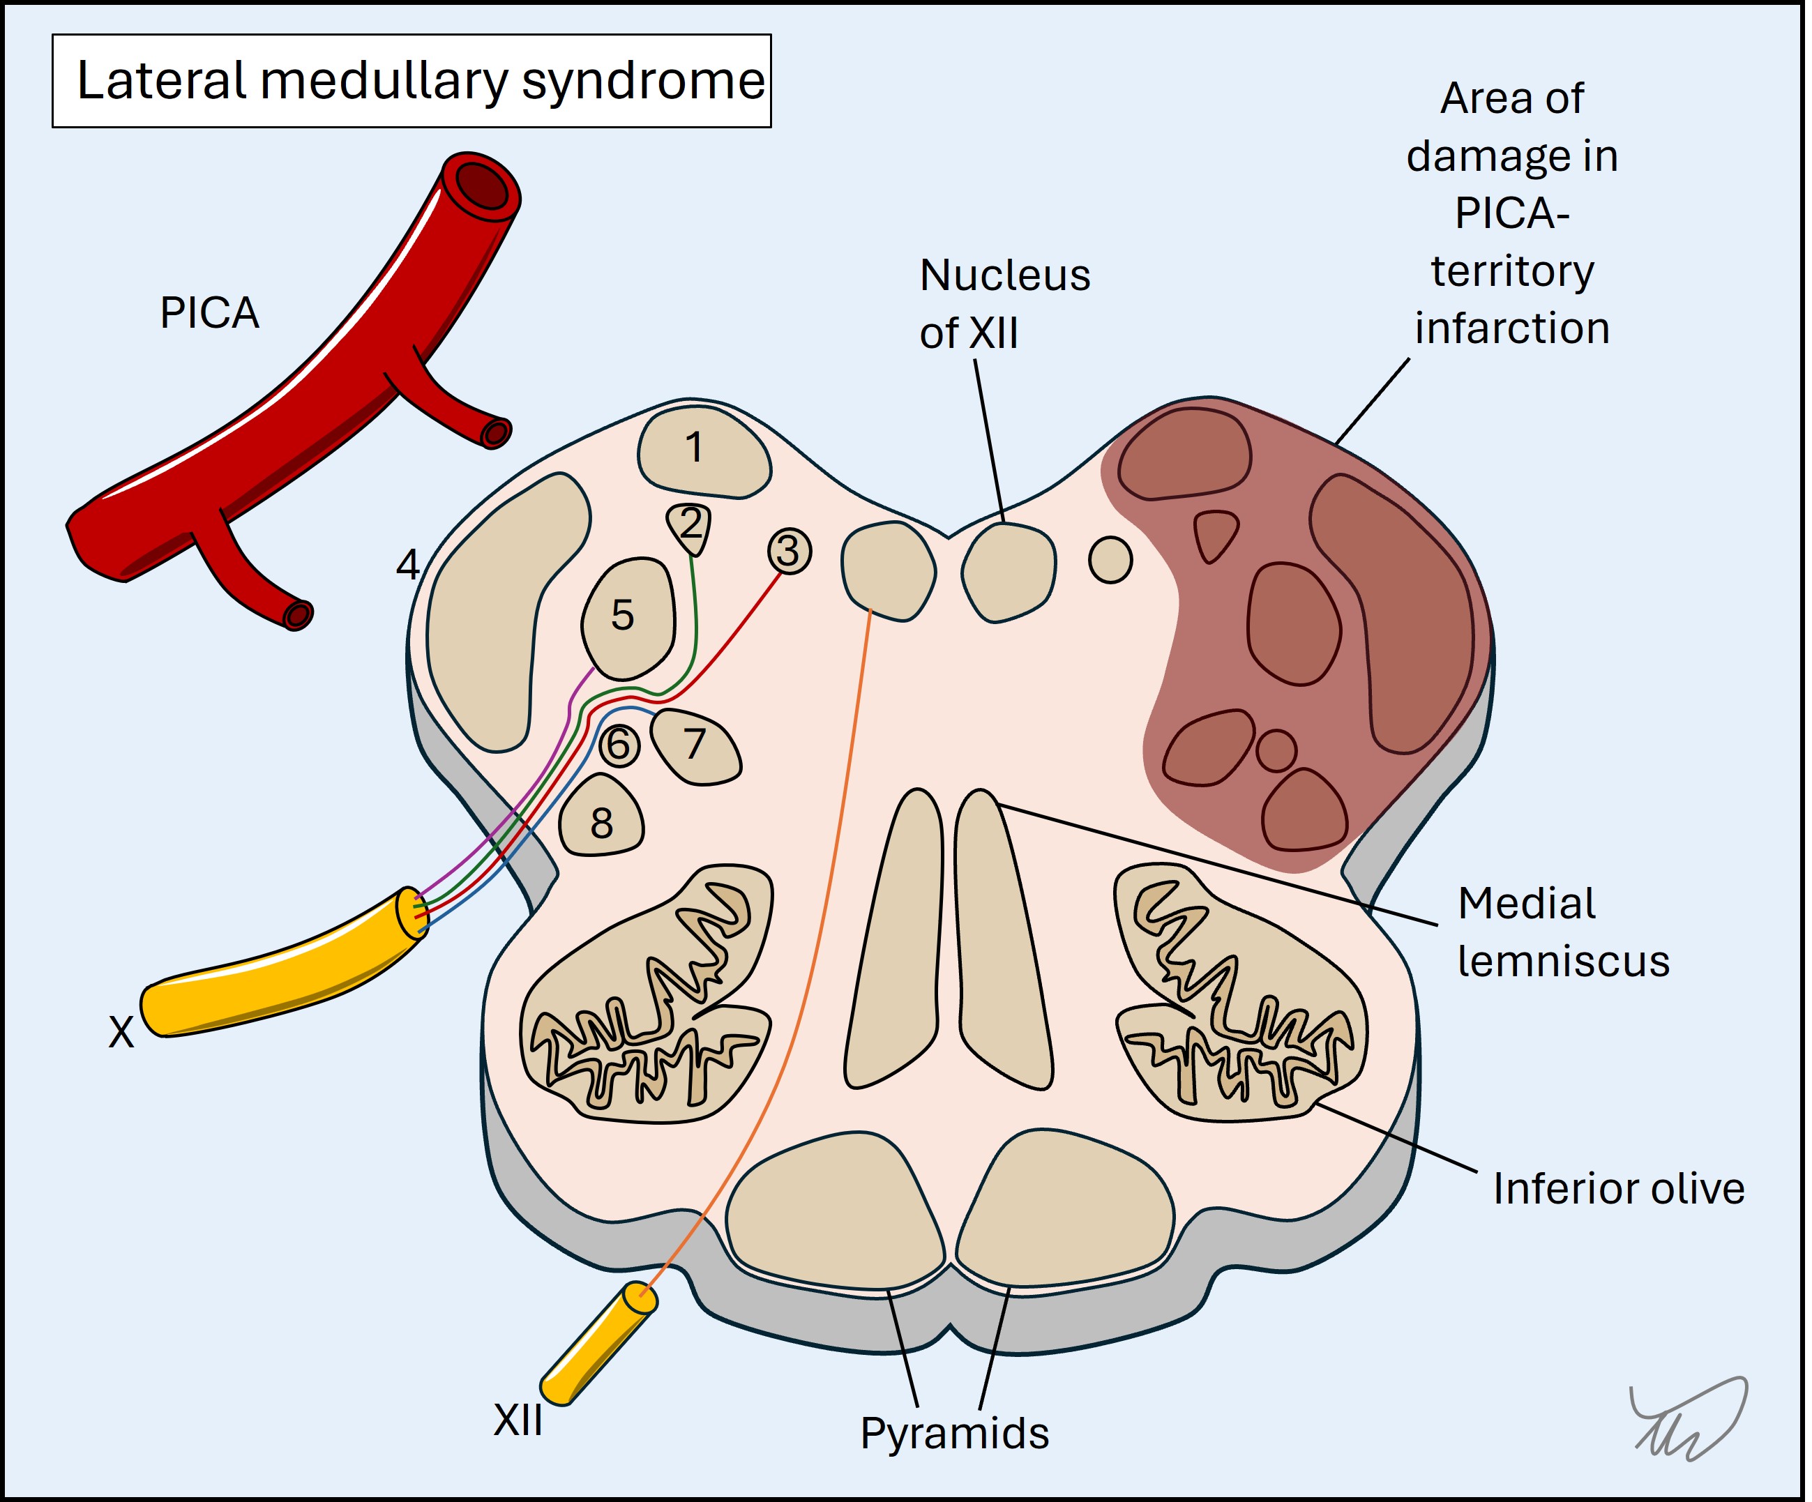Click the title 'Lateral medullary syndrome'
420,81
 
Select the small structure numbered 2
690,526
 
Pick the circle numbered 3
789,552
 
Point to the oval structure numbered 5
627,618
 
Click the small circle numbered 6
619,745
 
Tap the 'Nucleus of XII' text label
1004,304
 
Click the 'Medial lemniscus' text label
1562,932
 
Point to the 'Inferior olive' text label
1618,1189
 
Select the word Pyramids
953,1434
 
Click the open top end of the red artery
481,185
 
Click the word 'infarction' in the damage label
1511,328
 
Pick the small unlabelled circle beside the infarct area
1110,560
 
